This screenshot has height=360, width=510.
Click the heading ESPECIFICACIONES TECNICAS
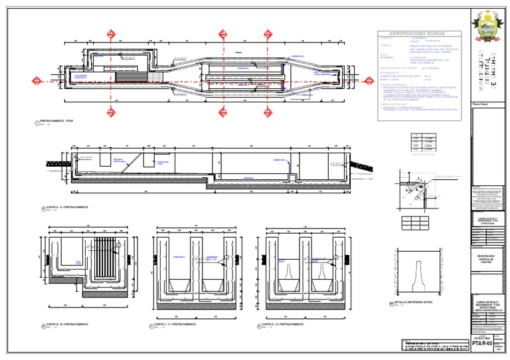point(417,33)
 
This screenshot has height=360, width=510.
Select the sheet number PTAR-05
point(481,343)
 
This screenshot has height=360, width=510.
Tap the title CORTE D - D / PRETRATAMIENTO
point(286,325)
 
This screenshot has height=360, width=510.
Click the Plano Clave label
point(480,104)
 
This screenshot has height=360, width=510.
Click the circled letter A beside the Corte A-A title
point(41,209)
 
